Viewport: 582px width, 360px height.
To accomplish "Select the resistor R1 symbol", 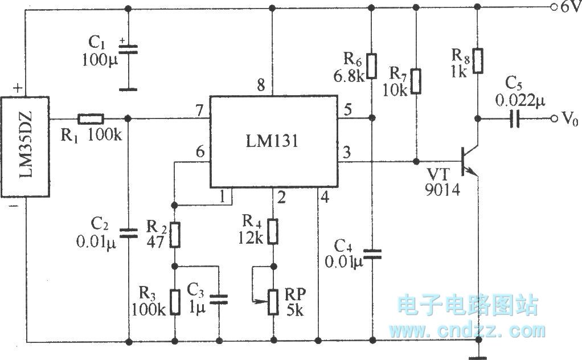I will [91, 119].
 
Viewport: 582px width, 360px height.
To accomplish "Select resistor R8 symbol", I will [478, 62].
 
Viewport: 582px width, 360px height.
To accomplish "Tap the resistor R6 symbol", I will [371, 66].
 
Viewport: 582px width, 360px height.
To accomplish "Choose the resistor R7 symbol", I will [417, 81].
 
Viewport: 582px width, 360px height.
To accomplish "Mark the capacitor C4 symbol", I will [371, 255].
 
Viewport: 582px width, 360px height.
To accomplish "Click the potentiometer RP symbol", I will [274, 300].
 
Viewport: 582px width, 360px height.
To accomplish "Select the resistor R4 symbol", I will [274, 231].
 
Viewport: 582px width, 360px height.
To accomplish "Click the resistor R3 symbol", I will [174, 299].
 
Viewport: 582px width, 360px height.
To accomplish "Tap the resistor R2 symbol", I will [174, 234].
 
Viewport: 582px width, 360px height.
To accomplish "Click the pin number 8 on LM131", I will [260, 86].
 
